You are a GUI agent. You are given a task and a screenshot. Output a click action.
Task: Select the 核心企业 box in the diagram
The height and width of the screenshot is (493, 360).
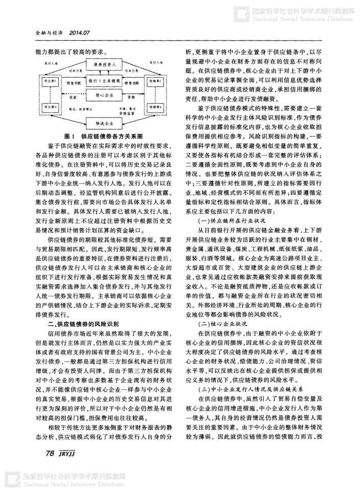[x=106, y=95]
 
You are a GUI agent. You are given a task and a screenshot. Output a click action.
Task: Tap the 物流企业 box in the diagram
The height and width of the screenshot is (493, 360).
[x=106, y=124]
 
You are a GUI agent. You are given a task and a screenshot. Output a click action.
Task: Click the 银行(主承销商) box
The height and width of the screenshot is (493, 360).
[x=106, y=81]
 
